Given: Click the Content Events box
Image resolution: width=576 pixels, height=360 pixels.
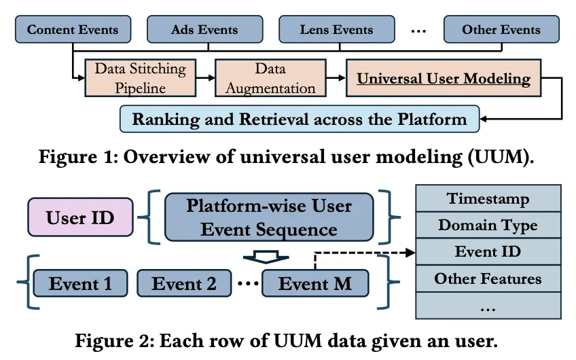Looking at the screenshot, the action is coord(73,29).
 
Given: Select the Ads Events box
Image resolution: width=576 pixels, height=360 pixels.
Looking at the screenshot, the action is coord(205,29).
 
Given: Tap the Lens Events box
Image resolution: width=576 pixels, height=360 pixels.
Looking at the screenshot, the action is coord(337,29).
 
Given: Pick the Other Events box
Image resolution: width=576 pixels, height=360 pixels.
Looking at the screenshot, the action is coord(501,29).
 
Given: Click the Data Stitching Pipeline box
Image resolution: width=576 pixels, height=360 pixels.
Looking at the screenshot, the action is coord(141,78).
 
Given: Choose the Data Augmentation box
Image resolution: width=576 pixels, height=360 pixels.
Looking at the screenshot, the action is coord(270,78).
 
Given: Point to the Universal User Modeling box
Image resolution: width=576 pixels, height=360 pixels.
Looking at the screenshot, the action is coord(444,78).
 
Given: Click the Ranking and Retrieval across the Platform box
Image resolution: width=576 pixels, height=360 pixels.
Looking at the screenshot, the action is coord(300,119).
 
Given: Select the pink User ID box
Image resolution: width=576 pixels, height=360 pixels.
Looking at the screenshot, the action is coord(80,217).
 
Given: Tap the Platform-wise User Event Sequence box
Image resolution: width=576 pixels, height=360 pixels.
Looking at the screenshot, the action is coord(269,217).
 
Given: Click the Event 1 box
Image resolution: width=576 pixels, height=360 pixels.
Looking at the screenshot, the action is coord(80,283).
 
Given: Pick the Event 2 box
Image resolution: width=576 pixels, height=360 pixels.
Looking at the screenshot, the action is coord(184,283).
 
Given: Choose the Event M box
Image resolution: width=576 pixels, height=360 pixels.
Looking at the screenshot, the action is coord(315,283).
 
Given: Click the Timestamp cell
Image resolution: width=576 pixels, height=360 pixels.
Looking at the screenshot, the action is coord(488,198).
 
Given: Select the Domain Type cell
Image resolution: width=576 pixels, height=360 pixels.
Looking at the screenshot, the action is coord(488,226).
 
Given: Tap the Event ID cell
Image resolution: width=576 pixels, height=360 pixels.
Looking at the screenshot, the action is coord(488,251).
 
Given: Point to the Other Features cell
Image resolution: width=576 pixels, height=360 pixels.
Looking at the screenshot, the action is coord(488,278).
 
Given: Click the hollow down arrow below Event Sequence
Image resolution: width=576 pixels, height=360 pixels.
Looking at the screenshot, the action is coord(266,257).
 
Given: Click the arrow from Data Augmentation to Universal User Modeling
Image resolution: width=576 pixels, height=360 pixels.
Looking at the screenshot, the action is coord(336,78).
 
